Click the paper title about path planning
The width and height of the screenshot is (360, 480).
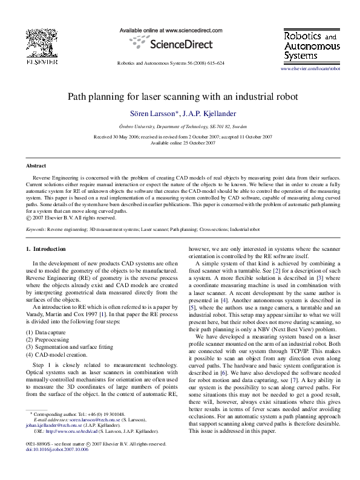179,96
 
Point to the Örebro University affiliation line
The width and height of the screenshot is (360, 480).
179,127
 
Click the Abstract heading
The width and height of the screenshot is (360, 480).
36,165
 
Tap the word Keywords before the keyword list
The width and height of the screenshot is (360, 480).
35,230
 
